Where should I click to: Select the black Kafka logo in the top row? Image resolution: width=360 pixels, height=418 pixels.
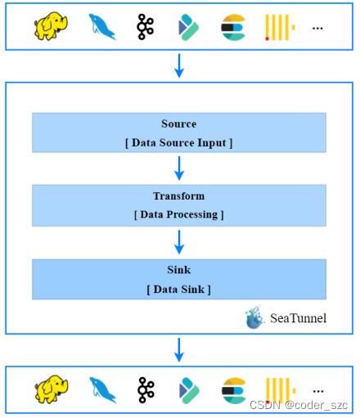pyautogui.click(x=146, y=26)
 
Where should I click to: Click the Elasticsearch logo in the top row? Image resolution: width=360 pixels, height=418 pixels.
pyautogui.click(x=233, y=27)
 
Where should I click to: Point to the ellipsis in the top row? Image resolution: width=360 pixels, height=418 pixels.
pyautogui.click(x=317, y=28)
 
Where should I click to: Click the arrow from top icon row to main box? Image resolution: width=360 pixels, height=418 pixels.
pyautogui.click(x=179, y=66)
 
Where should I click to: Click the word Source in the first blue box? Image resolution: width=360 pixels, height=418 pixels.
pyautogui.click(x=178, y=124)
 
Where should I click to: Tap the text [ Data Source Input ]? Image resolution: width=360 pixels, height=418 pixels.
pyautogui.click(x=178, y=143)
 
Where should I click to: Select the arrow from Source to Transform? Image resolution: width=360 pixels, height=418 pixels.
pyautogui.click(x=179, y=168)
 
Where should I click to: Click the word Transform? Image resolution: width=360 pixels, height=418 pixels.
pyautogui.click(x=178, y=196)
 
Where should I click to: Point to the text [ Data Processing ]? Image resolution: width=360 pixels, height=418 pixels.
pyautogui.click(x=178, y=215)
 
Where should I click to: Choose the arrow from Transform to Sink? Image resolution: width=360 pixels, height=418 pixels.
pyautogui.click(x=179, y=241)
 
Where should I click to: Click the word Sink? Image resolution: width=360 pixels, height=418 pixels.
pyautogui.click(x=178, y=269)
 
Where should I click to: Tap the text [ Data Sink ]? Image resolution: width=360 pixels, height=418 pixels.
pyautogui.click(x=178, y=289)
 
